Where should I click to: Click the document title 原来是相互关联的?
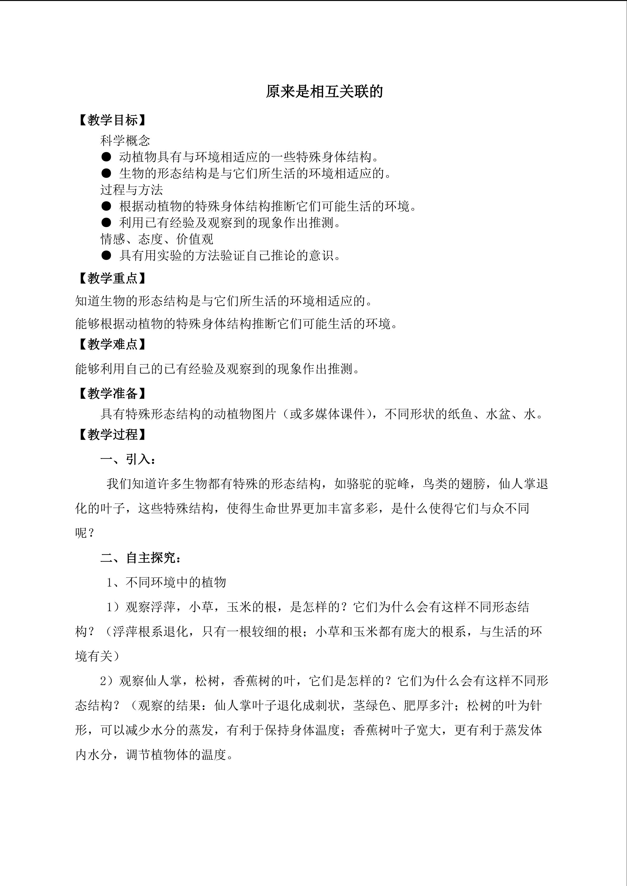click(324, 92)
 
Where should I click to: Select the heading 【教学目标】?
click(112, 121)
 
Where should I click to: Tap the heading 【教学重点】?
click(112, 278)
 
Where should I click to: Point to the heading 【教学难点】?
click(112, 344)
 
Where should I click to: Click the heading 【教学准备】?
click(112, 394)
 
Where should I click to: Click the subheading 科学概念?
click(125, 141)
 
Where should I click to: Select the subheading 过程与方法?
click(132, 190)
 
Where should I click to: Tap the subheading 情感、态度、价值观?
click(157, 239)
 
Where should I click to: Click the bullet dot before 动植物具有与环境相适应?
click(106, 157)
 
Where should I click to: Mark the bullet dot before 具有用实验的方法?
click(106, 256)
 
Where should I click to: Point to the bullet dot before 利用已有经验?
click(106, 223)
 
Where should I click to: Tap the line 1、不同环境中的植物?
click(166, 582)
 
